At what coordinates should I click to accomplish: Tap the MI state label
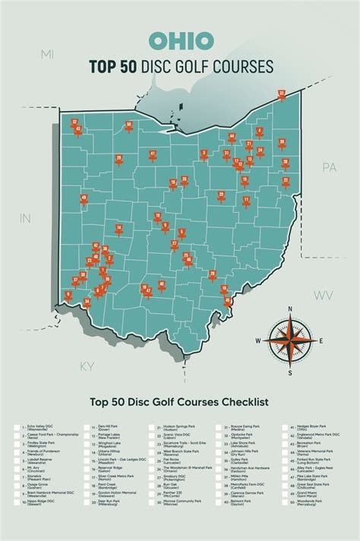tap(48, 54)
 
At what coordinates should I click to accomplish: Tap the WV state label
tap(324, 294)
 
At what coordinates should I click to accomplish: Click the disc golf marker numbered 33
tap(282, 95)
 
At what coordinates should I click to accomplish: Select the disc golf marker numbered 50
tap(129, 125)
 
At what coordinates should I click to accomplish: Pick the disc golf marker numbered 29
tap(118, 159)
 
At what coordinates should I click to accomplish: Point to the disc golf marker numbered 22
tap(286, 182)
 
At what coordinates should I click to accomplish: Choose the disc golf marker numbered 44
tap(232, 138)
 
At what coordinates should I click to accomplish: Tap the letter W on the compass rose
tap(258, 341)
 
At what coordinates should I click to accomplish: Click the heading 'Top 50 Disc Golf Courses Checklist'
tap(179, 400)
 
